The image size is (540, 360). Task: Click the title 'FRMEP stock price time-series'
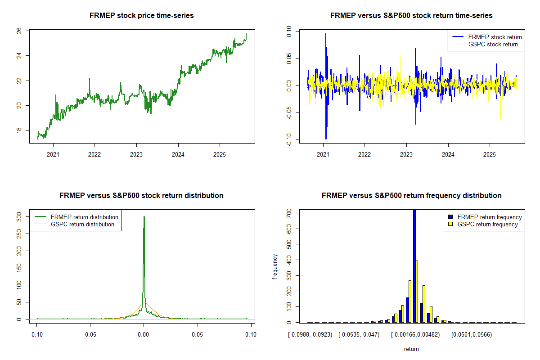pos(142,16)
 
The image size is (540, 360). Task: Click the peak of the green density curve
pos(144,217)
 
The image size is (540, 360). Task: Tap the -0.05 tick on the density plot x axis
pos(90,335)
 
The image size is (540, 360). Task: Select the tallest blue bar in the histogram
pos(414,265)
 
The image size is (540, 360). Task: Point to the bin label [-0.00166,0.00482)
pos(415,335)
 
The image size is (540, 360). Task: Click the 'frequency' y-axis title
pos(275,267)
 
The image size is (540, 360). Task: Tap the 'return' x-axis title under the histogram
pos(411,349)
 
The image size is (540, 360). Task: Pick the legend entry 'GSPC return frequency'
pos(487,224)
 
